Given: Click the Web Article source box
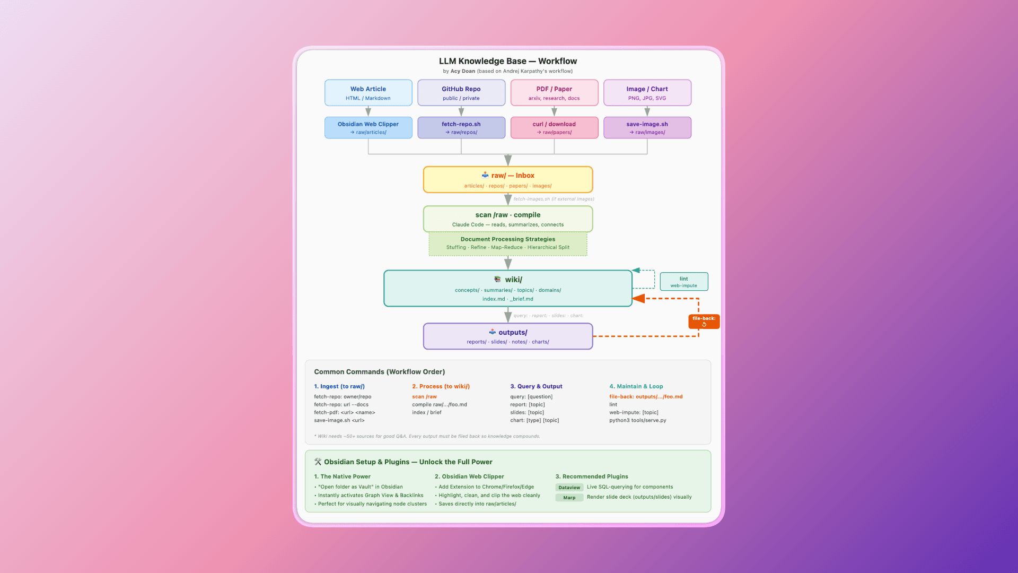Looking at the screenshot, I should coord(368,93).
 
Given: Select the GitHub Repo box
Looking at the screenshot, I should coord(461,93).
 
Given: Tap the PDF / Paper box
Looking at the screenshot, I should coord(554,93).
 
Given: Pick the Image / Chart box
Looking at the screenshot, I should coord(647,93).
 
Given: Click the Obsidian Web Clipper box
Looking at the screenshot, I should coord(368,127).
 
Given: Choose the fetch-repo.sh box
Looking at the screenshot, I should coord(461,127).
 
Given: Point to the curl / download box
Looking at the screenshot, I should coord(554,127).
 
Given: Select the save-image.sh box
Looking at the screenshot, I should coord(647,127).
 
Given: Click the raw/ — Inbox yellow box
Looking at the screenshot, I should coord(507,180).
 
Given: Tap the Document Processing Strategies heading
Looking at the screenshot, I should coord(507,239).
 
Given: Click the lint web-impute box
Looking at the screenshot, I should coord(683,282).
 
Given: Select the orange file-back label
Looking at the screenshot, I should coord(704,321).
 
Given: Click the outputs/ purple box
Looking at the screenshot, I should coord(507,336).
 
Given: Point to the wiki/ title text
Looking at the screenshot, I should coord(513,280).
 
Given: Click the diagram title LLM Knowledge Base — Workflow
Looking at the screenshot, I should coord(507,61).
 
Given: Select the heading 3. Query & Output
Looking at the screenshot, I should coord(536,386).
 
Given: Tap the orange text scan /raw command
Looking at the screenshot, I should coord(424,397).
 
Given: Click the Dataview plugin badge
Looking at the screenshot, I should coord(569,488).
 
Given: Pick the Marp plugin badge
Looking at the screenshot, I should coord(569,498).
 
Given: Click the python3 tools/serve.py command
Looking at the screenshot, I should coord(637,420).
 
